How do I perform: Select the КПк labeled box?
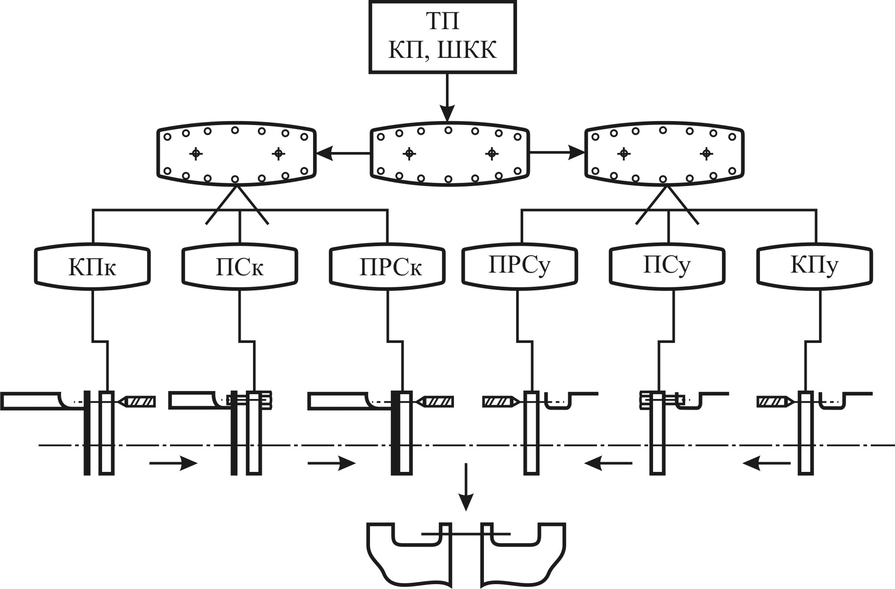[93, 266]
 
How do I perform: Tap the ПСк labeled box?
[240, 266]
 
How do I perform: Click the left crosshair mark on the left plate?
[196, 153]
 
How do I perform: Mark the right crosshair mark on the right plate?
[706, 153]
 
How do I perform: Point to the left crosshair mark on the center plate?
[409, 153]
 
